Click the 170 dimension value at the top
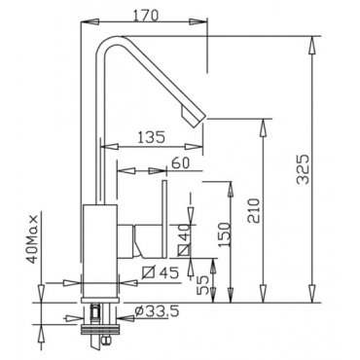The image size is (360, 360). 146,16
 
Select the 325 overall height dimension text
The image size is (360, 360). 304,169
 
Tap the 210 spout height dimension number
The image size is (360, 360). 254,211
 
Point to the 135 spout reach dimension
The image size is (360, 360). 152,137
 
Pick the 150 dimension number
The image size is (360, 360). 225,234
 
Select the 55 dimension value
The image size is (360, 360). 203,285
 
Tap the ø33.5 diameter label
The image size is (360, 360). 158,312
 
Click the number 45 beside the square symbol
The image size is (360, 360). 169,273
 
